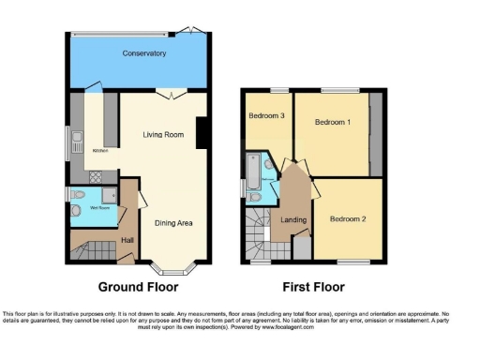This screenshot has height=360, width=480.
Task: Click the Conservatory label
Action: pos(144,54)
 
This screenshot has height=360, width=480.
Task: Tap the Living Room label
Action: pos(162,135)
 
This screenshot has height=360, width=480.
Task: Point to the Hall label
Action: pos(127,240)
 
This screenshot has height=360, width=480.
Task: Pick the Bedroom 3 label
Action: pos(266,116)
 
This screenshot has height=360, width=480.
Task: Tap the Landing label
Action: pos(294,219)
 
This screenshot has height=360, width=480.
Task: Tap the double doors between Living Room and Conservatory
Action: pos(166,94)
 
